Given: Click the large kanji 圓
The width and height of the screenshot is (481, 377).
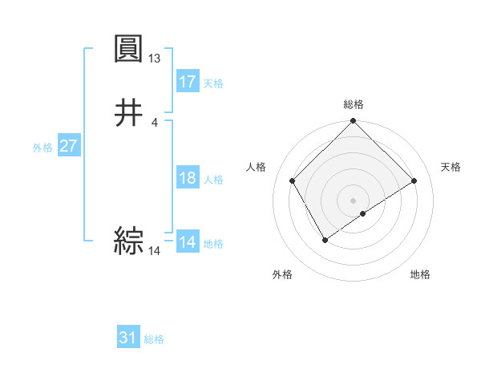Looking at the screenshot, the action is coord(129,50).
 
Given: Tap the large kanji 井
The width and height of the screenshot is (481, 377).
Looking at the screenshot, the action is coord(129,112).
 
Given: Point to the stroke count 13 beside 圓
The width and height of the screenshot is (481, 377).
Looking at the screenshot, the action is coord(155,59).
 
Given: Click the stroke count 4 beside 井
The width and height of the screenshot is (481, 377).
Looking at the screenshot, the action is coord(155,122).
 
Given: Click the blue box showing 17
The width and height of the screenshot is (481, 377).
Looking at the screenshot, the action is coord(188,82).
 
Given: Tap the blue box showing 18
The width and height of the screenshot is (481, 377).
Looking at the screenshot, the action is coord(188,178).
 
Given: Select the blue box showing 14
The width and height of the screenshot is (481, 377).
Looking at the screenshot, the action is coord(188,242).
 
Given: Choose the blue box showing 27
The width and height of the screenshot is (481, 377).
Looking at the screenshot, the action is coord(69,147).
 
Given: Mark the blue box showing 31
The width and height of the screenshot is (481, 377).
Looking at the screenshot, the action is coord(128,338).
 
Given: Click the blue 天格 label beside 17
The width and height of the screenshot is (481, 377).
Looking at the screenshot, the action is coord(213,83).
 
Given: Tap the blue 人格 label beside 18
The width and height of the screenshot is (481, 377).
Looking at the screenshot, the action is coord(213,180).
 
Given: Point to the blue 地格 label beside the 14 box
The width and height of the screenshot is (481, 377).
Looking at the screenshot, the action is coord(213,244).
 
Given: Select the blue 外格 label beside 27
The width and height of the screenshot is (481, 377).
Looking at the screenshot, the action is coord(42,148).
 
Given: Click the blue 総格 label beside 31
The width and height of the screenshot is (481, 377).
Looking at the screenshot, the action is coord(154,339).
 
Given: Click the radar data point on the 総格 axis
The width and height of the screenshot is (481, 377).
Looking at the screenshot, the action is coord(353,122).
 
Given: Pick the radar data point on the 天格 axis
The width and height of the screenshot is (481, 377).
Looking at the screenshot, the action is coord(414,181).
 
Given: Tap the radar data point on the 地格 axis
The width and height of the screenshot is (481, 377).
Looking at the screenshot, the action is coord(363,213).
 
